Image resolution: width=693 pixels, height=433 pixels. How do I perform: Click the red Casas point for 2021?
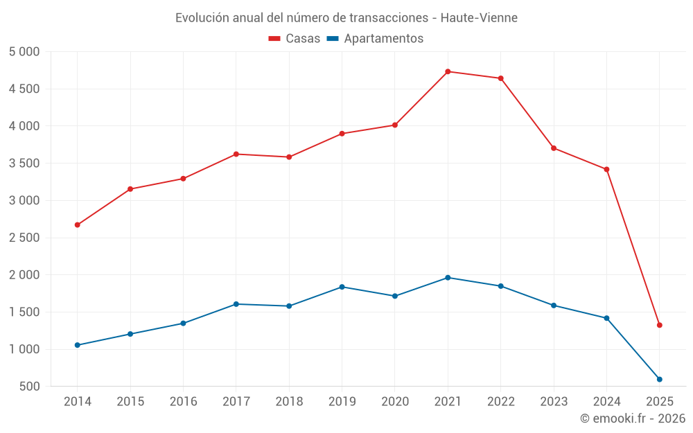448,71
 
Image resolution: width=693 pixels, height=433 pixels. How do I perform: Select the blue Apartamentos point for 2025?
659,379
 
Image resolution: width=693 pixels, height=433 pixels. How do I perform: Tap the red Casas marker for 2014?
77,224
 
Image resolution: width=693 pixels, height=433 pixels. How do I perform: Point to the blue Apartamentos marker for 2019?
342,287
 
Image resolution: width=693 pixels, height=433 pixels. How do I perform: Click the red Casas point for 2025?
659,325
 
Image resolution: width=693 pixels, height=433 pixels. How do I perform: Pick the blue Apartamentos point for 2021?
448,278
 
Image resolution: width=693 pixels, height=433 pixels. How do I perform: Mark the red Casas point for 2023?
554,148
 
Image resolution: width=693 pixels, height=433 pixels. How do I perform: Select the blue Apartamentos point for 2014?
77,345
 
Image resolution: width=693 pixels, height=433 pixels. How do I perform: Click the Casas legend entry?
295,39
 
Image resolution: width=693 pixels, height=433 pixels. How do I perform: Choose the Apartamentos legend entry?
375,39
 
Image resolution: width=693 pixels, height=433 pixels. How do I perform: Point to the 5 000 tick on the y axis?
25,52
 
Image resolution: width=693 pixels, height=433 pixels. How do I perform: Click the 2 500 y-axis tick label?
25,238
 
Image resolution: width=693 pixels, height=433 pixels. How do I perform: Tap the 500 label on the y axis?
30,387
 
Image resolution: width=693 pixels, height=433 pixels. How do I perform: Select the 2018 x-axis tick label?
289,402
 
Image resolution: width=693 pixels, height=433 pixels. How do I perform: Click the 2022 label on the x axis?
500,402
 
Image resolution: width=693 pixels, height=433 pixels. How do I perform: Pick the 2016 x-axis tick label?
183,402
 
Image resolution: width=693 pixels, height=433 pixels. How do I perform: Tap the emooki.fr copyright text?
632,418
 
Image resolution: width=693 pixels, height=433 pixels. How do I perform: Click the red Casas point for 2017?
236,154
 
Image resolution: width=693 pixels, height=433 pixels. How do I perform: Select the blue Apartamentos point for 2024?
606,318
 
